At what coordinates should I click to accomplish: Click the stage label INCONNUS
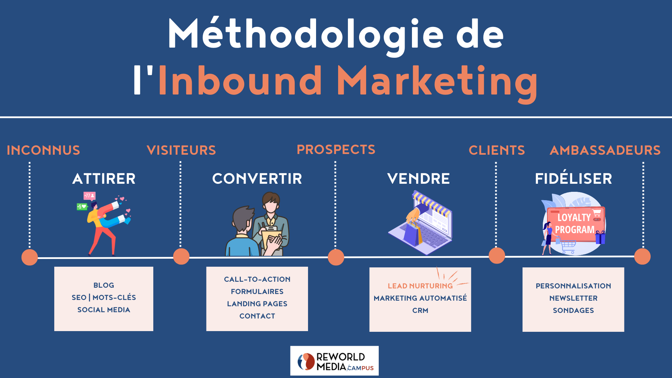click(x=43, y=150)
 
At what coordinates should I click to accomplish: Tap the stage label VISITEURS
click(x=181, y=150)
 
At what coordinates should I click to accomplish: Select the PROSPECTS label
click(x=336, y=149)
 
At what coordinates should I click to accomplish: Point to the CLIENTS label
click(x=497, y=150)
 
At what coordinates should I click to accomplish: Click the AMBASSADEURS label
click(x=605, y=150)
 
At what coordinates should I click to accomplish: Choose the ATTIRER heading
click(x=104, y=179)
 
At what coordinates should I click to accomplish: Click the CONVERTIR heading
click(x=257, y=179)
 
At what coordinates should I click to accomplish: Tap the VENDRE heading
click(x=419, y=179)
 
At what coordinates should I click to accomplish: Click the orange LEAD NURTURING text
click(x=420, y=286)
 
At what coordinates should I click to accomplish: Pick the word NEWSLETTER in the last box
click(x=573, y=298)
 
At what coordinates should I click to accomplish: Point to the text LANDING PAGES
click(x=257, y=304)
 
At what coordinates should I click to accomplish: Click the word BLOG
click(x=104, y=285)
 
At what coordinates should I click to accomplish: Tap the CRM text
click(x=420, y=310)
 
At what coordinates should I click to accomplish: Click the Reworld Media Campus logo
click(x=334, y=361)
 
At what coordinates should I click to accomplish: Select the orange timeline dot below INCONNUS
click(x=30, y=257)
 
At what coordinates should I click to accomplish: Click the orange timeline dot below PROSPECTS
click(x=336, y=257)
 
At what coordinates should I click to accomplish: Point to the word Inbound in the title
click(x=240, y=81)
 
